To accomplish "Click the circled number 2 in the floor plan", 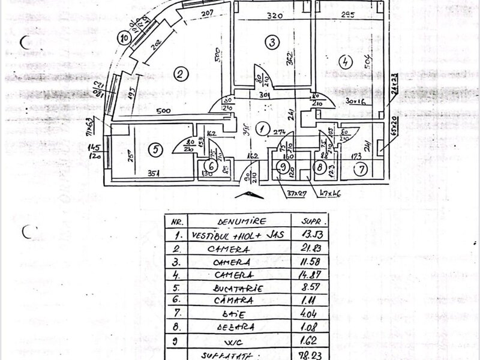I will tap(179, 74).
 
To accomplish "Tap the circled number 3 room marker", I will tap(272, 42).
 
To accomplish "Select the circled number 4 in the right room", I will tap(344, 61).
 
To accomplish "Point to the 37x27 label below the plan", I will tap(297, 194).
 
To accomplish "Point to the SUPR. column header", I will tap(305, 220).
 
